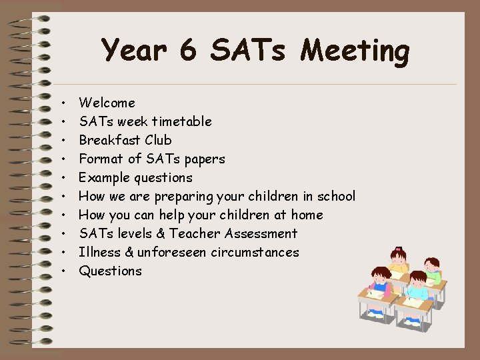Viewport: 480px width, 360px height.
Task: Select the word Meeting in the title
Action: click(x=355, y=52)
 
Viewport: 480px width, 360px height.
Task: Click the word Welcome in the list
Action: click(x=107, y=103)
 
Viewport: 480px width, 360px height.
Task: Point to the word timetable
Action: click(x=181, y=121)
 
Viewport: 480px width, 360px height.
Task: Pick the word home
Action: click(x=306, y=215)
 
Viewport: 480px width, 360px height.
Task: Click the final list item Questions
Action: click(x=110, y=271)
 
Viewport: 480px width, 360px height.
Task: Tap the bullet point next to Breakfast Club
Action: click(x=62, y=141)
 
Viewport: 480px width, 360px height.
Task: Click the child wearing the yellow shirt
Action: click(x=381, y=279)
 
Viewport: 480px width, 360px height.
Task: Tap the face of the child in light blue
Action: click(x=417, y=281)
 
